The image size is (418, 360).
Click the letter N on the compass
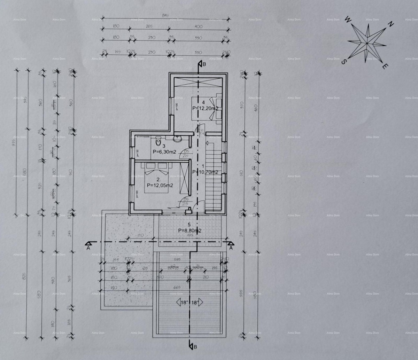point(391,24)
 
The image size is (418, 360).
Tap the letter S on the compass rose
point(343,62)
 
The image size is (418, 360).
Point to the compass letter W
point(347,20)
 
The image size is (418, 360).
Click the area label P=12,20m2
point(206,108)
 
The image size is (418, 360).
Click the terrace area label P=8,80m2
point(190,230)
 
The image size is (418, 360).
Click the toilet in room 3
point(158,142)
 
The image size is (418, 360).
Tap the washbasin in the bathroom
point(178,138)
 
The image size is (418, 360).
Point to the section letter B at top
point(204,64)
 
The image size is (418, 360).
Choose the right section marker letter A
point(231,248)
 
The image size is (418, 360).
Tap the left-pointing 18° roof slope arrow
point(179,302)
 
